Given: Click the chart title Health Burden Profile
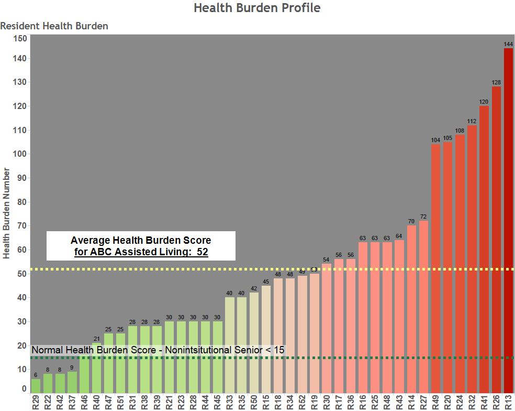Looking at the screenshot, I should pyautogui.click(x=257, y=8).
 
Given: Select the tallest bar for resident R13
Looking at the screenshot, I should pyautogui.click(x=508, y=220).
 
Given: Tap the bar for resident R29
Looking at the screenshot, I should pyautogui.click(x=36, y=386).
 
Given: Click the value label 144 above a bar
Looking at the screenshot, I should pyautogui.click(x=508, y=45).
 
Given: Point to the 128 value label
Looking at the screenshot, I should pyautogui.click(x=496, y=83).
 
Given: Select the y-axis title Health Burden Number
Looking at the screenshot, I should pyautogui.click(x=7, y=213).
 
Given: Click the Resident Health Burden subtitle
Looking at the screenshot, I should pyautogui.click(x=54, y=26).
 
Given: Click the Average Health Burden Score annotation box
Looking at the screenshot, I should pyautogui.click(x=141, y=246).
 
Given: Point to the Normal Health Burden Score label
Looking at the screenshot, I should pyautogui.click(x=158, y=350).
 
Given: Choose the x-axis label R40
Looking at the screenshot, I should pyautogui.click(x=96, y=402).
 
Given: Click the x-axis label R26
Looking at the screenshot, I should pyautogui.click(x=496, y=402).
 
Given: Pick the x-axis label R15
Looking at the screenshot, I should pyautogui.click(x=266, y=402).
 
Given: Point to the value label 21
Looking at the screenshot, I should pyautogui.click(x=96, y=339).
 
